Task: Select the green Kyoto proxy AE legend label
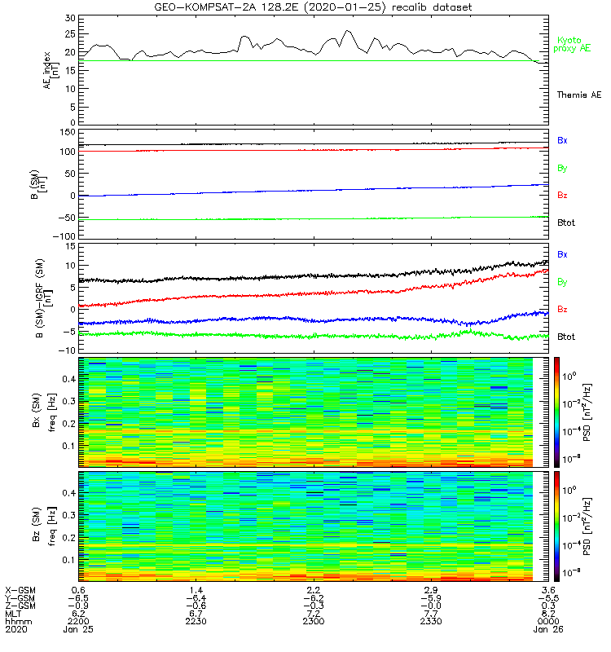[x=573, y=45]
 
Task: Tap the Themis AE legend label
[x=578, y=95]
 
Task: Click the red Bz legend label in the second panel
[x=562, y=196]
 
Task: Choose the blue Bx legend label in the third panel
[x=562, y=254]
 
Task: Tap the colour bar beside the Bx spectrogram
[x=556, y=411]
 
